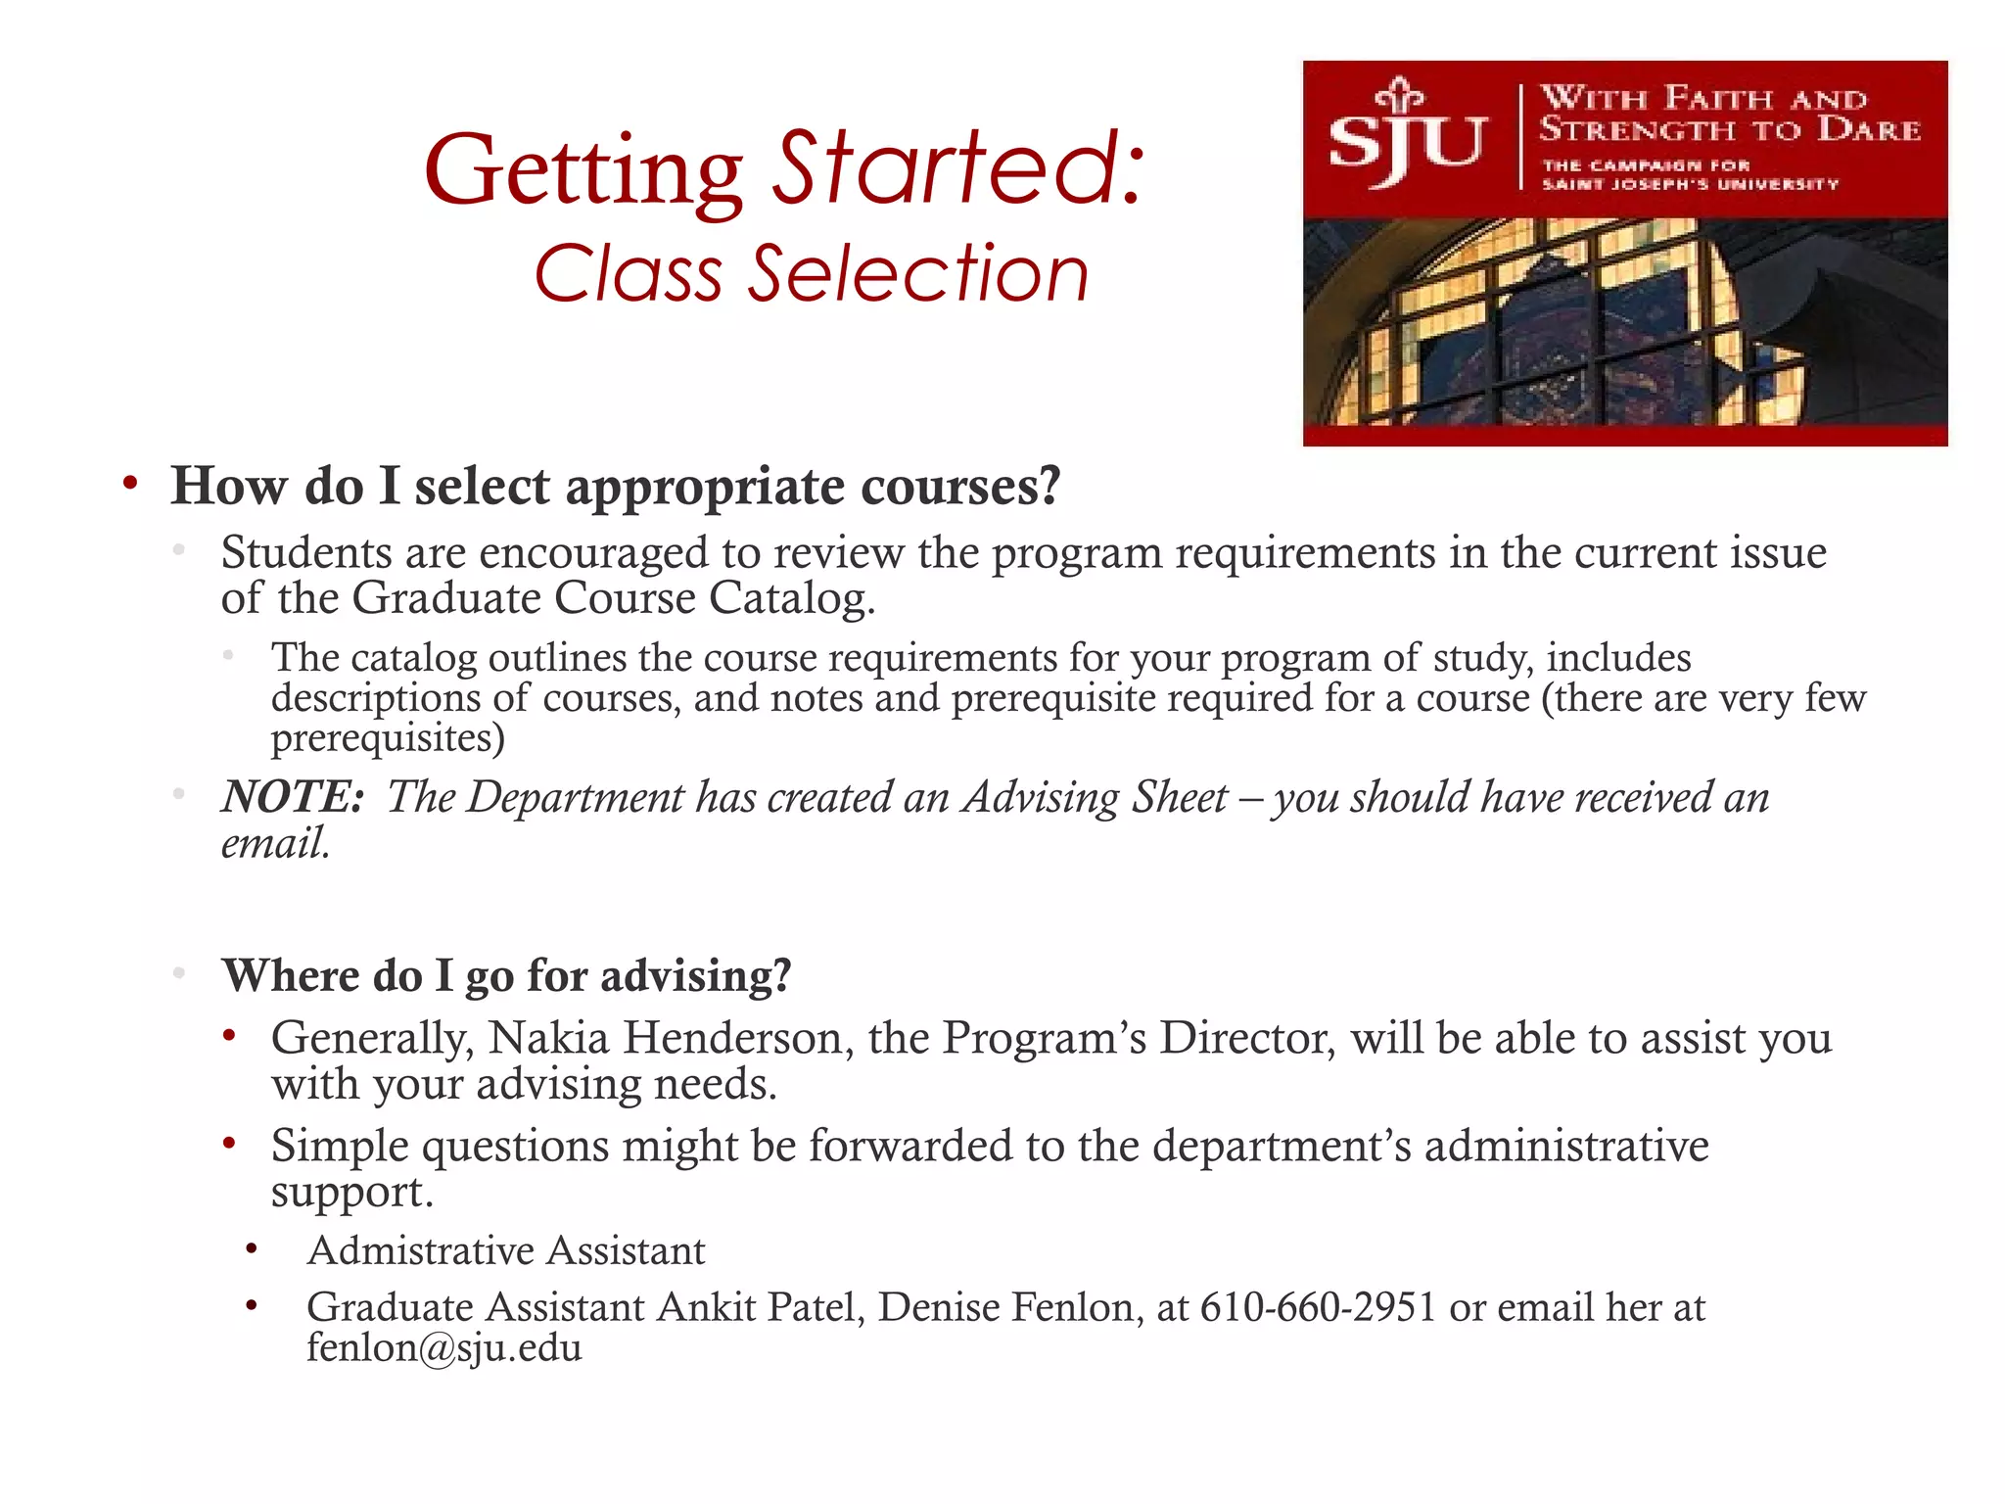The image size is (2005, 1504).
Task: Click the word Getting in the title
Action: click(583, 172)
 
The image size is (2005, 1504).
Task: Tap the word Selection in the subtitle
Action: click(918, 274)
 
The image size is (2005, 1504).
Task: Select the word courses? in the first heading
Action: click(959, 486)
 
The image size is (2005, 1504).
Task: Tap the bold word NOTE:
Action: click(293, 797)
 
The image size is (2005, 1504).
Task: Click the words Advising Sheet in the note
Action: click(1095, 797)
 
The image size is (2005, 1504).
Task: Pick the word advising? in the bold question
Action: click(696, 976)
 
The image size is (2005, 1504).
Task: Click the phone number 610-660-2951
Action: click(1318, 1307)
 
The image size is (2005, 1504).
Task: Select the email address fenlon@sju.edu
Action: click(444, 1348)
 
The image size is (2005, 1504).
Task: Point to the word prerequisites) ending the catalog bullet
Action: click(388, 738)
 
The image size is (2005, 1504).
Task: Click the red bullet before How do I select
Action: click(130, 483)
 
